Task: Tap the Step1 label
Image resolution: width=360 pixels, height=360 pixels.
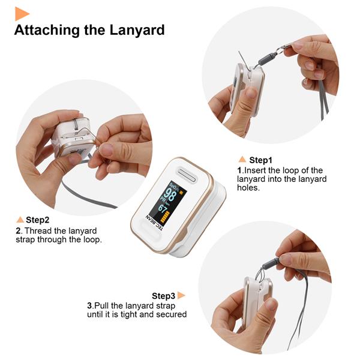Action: (261, 160)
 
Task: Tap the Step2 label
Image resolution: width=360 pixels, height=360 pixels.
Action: (37, 220)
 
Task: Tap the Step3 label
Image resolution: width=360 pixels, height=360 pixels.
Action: (163, 296)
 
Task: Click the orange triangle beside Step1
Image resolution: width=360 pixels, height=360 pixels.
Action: (242, 160)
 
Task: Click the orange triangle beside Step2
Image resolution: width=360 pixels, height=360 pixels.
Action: (20, 220)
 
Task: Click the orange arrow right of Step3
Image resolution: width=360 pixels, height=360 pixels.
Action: (181, 295)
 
